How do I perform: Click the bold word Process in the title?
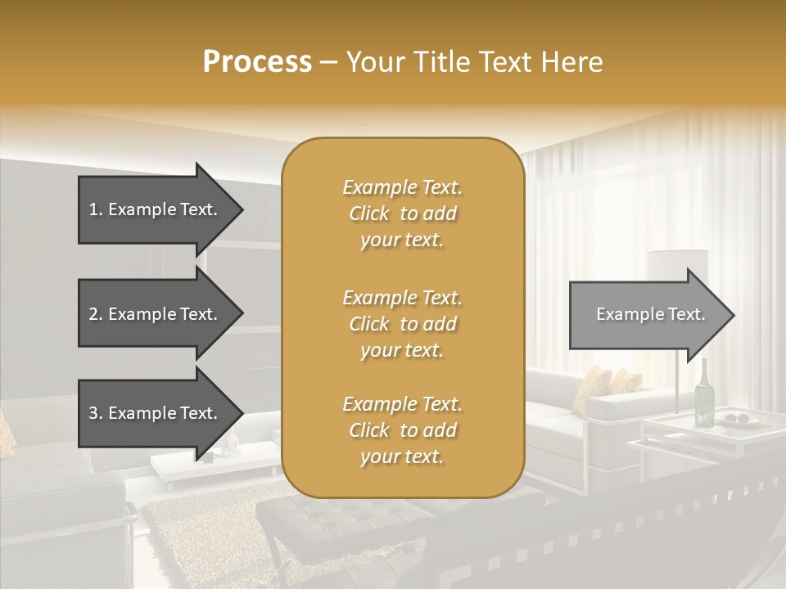257,62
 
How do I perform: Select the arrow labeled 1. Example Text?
153,209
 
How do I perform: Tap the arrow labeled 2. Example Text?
153,314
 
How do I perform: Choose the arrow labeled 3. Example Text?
153,413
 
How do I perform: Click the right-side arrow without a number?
647,314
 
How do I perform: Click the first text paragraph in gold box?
402,214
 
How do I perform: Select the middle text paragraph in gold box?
402,324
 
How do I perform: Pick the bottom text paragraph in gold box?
402,430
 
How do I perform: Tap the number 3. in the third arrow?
96,413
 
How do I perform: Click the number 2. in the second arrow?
96,314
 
